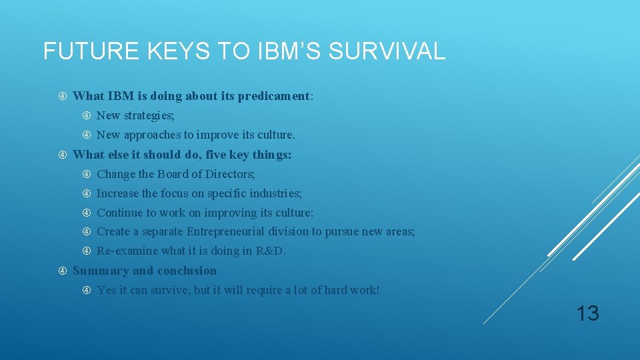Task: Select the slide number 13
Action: (587, 313)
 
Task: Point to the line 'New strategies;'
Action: (135, 116)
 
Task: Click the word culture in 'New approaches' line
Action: (275, 135)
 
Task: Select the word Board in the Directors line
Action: (173, 174)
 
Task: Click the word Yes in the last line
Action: (106, 291)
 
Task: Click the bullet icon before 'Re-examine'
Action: (87, 251)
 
